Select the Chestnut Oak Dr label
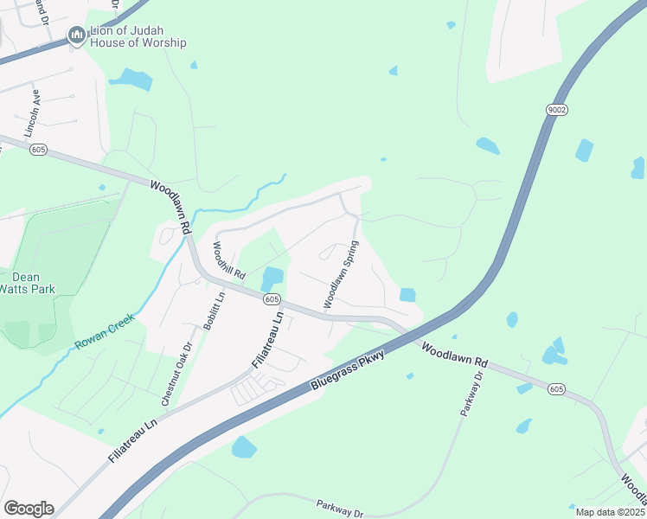[176, 375]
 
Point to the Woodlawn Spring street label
[341, 274]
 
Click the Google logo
[29, 508]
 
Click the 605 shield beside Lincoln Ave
[37, 150]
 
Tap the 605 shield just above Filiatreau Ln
[272, 299]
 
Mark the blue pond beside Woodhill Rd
[271, 278]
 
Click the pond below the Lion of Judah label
[131, 80]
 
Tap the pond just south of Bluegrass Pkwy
[244, 447]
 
